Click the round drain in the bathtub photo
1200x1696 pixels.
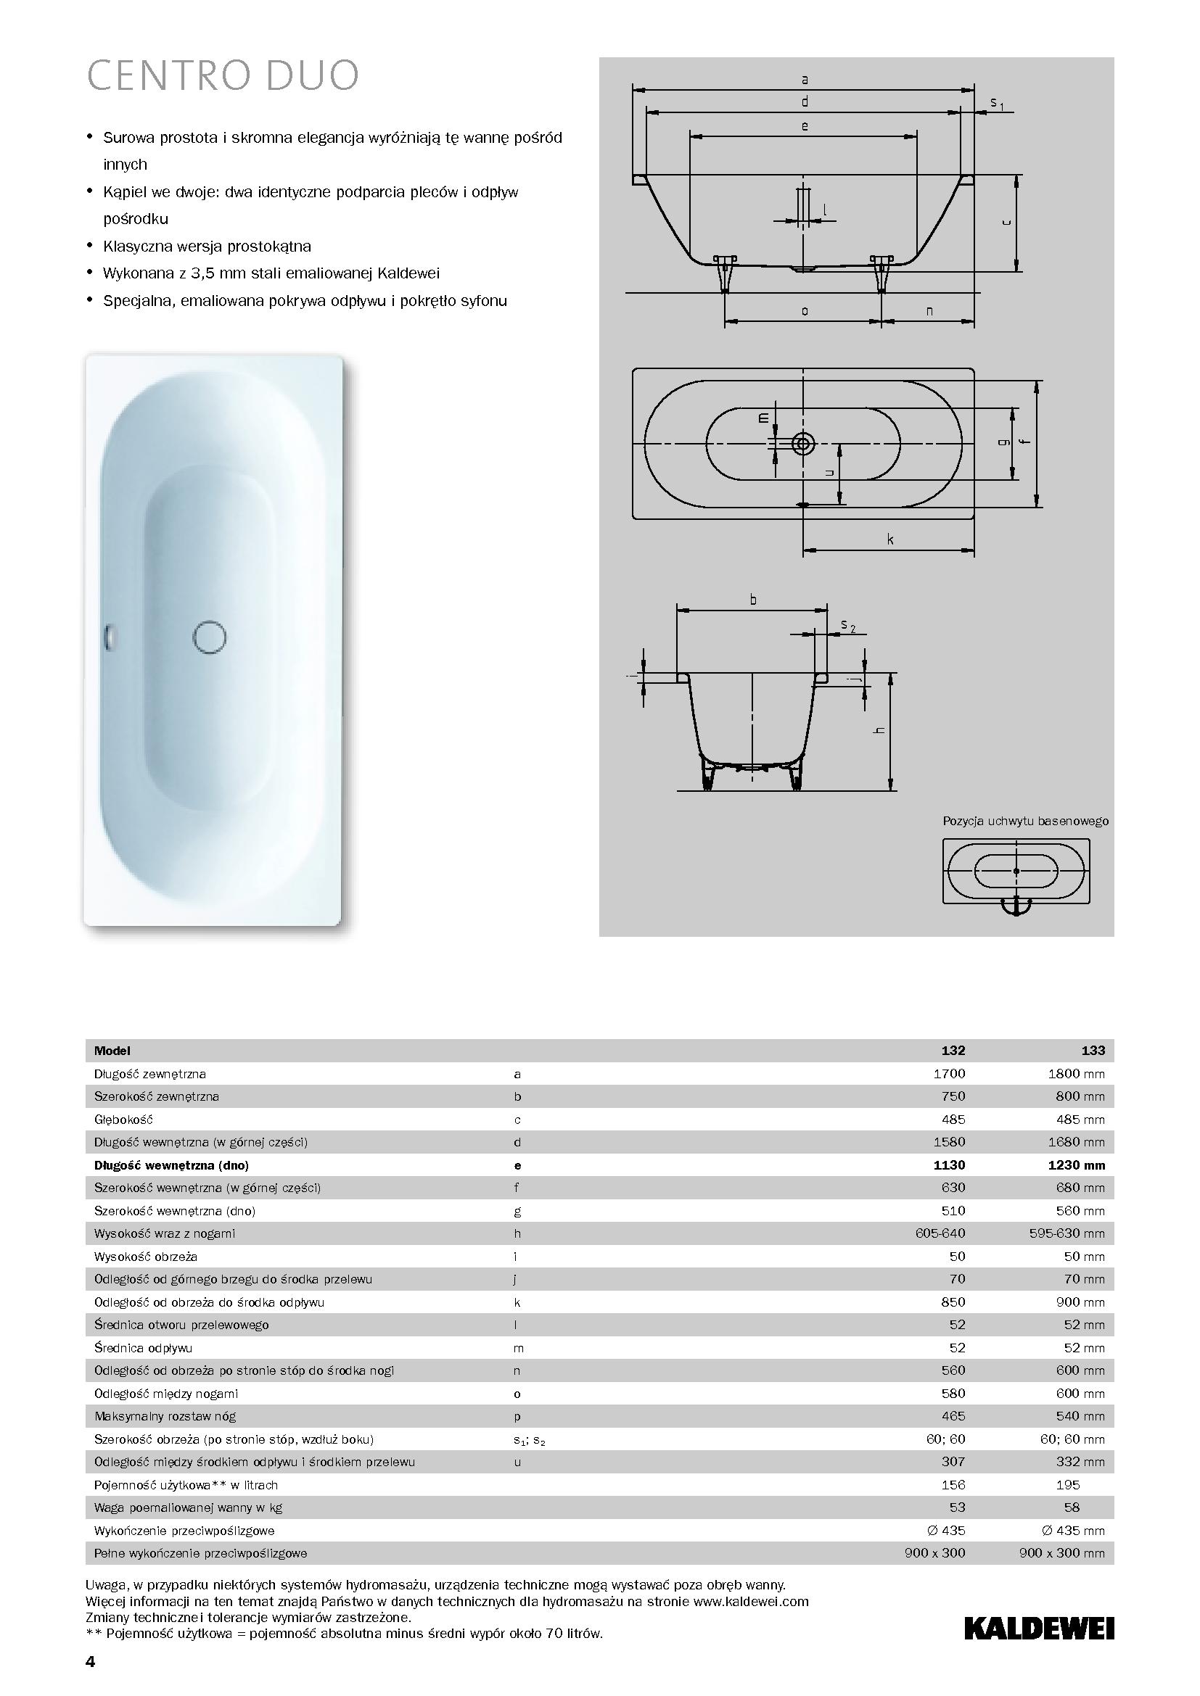pos(209,637)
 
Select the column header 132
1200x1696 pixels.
pos(953,1051)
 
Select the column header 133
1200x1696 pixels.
pos(1093,1051)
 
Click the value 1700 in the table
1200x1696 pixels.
pos(949,1073)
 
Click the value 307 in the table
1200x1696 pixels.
pos(953,1461)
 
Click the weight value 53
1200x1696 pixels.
pos(957,1507)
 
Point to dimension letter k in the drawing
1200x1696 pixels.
pos(890,540)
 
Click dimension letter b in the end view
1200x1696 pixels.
pos(753,600)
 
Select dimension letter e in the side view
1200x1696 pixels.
pos(805,126)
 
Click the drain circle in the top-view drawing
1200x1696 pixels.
pos(803,444)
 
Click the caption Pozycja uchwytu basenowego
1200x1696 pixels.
pos(1025,821)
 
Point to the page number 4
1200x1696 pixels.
pos(90,1662)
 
